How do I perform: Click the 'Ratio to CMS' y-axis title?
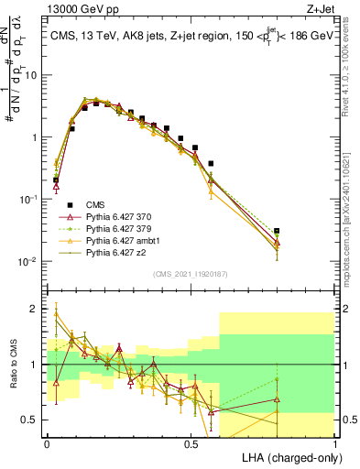click(x=12, y=365)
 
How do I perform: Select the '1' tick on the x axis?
click(x=335, y=442)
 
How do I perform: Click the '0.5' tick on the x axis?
click(x=191, y=442)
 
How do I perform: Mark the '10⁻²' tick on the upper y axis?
click(x=29, y=261)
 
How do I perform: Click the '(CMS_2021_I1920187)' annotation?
click(x=190, y=272)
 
